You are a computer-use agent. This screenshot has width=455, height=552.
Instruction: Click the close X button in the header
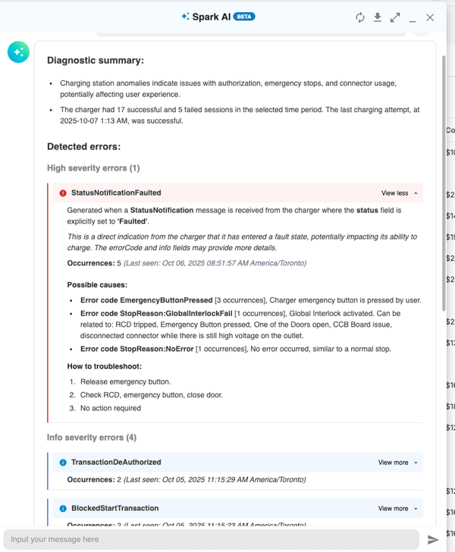pos(430,17)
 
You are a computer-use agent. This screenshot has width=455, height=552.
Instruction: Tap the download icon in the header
pos(378,17)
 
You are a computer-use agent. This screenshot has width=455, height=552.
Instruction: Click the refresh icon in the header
pos(360,17)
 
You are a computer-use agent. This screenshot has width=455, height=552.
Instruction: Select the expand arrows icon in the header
pos(395,17)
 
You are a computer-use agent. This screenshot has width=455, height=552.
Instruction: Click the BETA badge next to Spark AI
pos(244,17)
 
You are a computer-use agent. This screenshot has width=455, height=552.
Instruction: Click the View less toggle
pos(399,193)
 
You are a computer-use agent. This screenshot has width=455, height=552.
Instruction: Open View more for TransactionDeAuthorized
pos(397,463)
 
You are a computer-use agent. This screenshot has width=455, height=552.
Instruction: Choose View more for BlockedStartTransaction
pos(397,509)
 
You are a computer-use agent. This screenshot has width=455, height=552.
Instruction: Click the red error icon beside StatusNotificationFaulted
pos(63,193)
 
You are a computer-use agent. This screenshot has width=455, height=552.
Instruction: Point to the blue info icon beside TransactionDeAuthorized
pos(63,463)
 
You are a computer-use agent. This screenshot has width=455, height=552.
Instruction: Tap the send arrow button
pos(433,540)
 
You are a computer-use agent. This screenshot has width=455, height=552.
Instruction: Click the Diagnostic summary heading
pos(96,61)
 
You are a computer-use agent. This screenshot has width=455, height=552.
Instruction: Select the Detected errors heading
pos(83,146)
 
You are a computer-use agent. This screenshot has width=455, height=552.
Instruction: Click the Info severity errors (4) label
pos(92,438)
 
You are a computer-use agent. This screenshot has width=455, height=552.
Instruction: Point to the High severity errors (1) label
pos(93,168)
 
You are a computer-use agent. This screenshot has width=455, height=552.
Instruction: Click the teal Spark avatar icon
pos(18,52)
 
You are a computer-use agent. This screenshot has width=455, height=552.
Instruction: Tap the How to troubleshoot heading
pos(105,366)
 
